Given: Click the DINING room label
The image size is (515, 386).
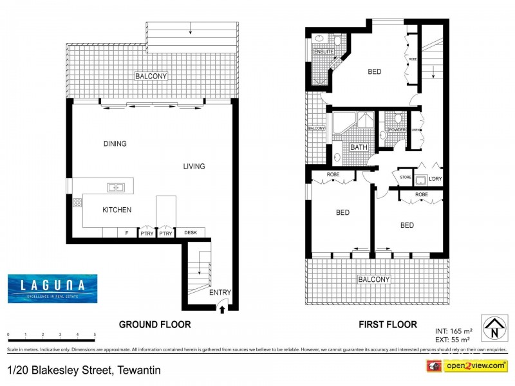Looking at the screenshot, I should tap(115, 144).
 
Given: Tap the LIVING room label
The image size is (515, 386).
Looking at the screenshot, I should tap(194, 167).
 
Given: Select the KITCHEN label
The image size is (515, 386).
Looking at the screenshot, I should tap(117, 210).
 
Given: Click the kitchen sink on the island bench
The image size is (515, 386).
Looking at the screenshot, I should tap(117, 187).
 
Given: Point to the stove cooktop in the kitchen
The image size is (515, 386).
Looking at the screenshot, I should tap(77, 202).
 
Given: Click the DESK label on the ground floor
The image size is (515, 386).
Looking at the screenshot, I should tap(190, 233).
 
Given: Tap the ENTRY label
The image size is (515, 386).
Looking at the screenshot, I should tap(220, 293).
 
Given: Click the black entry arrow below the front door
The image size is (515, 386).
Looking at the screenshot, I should tap(221, 309).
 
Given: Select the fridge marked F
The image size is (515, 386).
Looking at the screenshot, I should tap(126, 234).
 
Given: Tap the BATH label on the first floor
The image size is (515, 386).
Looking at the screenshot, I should tap(359, 147).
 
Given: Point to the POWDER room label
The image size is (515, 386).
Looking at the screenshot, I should tap(397, 130).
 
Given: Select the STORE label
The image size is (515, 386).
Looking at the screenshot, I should tap(405, 178).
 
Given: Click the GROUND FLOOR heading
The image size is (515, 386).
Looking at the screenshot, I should tap(154, 325).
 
